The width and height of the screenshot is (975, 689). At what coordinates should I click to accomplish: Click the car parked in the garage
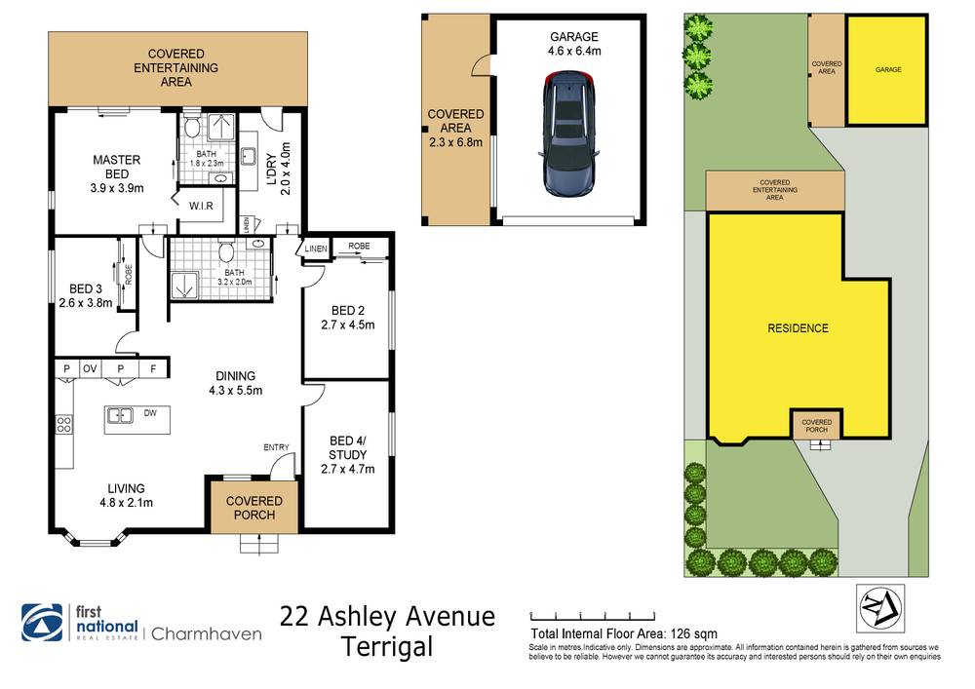(x=568, y=136)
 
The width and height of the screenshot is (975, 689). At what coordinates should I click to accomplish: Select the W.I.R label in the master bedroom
(x=203, y=206)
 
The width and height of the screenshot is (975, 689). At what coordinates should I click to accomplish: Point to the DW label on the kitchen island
(x=150, y=413)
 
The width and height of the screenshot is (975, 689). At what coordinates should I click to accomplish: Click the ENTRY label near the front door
(x=277, y=447)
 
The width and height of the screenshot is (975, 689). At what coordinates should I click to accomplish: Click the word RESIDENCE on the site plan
(x=797, y=328)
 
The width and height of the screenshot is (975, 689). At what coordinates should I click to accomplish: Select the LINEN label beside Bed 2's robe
(x=316, y=250)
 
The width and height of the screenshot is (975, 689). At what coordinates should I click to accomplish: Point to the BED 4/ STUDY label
(x=348, y=446)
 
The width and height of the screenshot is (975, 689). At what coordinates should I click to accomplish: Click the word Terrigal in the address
(x=387, y=646)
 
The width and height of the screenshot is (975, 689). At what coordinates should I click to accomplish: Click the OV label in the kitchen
(x=91, y=368)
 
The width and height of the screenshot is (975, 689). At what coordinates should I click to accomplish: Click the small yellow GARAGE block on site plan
(x=886, y=70)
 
